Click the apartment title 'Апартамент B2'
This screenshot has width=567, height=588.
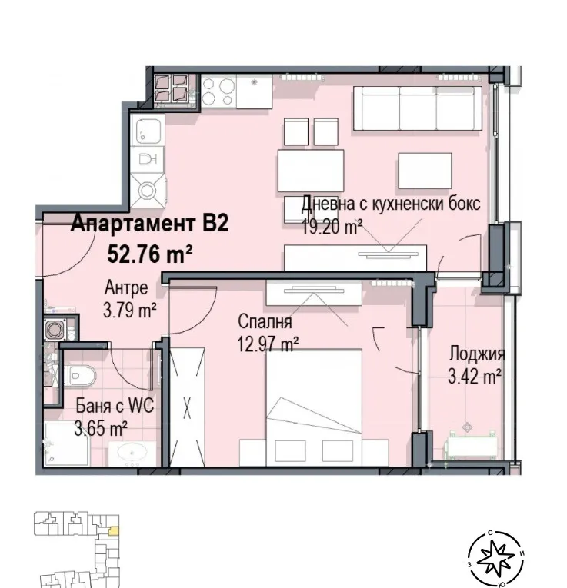pos(150,224)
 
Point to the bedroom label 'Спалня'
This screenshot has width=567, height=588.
pos(265,324)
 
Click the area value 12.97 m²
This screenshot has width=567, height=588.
pos(268,345)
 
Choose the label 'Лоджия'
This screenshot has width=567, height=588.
pos(477,354)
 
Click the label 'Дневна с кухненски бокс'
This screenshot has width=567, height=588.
pos(391,204)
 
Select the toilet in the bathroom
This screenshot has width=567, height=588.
pos(81,376)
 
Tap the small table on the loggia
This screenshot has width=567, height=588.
pos(469,444)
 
